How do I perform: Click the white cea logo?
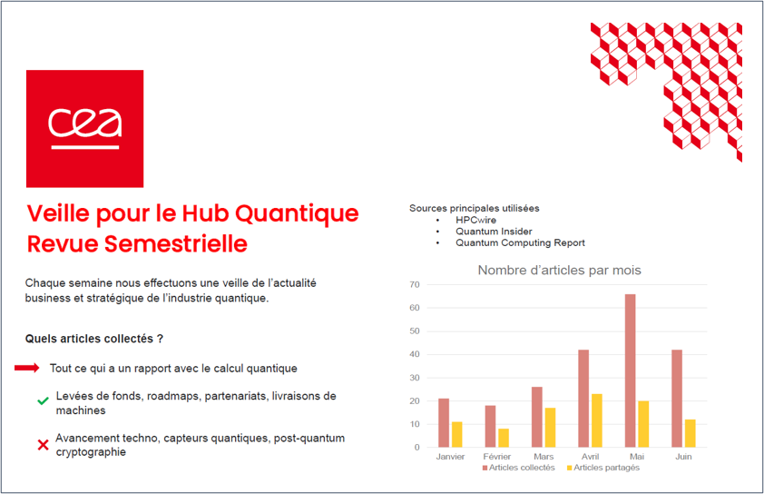(84, 128)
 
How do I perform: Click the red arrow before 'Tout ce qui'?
(27, 368)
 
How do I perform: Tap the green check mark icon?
(43, 400)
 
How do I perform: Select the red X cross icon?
(43, 444)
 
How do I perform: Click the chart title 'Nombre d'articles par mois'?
(559, 271)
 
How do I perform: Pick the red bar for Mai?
(630, 370)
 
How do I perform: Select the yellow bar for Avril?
(597, 420)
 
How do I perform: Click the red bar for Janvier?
(444, 423)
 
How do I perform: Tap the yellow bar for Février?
(504, 438)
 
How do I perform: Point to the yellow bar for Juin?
(690, 433)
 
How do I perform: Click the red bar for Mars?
(537, 417)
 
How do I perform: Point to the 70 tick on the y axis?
(415, 284)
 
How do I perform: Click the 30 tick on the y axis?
(415, 378)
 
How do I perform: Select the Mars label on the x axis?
(544, 457)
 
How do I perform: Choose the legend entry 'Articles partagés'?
(603, 468)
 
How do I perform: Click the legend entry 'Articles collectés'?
(518, 468)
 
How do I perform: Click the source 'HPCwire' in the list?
(476, 220)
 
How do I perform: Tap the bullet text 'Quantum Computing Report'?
(521, 242)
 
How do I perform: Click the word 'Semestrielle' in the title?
(176, 244)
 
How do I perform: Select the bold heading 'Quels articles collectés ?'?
(94, 339)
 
